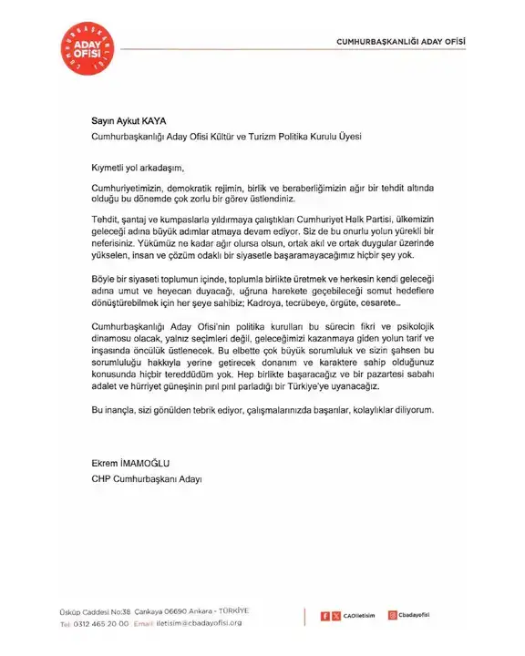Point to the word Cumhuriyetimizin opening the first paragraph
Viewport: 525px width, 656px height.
[129, 186]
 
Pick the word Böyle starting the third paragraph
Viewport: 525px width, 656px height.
[105, 278]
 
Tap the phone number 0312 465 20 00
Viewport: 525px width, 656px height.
[101, 623]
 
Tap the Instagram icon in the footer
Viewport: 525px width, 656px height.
[392, 615]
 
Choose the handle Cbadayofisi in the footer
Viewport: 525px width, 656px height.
[419, 616]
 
